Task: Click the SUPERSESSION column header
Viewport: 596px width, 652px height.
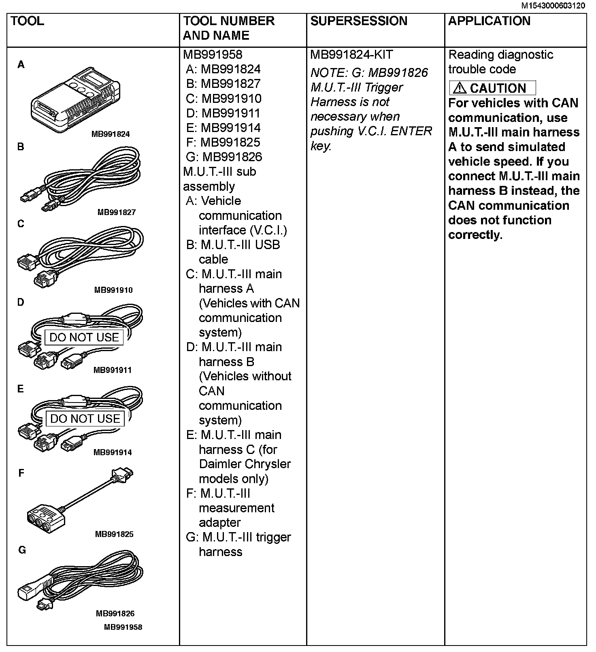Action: click(359, 21)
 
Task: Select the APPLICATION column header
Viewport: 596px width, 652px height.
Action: click(489, 21)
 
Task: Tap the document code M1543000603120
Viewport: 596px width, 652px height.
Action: click(553, 6)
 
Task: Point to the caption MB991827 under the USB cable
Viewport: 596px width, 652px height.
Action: click(116, 212)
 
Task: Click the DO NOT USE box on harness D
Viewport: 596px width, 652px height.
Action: click(84, 337)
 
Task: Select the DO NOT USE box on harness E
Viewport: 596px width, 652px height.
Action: click(85, 419)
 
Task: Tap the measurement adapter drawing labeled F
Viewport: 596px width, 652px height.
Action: click(77, 502)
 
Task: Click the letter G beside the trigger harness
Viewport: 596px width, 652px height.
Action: click(22, 550)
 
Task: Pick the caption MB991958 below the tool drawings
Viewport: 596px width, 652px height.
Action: click(123, 627)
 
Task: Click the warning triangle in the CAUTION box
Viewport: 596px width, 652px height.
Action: click(460, 88)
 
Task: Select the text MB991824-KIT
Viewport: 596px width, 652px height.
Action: click(351, 55)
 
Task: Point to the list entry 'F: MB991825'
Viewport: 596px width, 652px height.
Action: click(223, 142)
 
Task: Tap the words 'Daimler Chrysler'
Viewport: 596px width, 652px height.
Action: click(245, 464)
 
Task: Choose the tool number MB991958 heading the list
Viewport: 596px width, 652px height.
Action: click(213, 55)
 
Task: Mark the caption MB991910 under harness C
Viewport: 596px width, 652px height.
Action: click(113, 290)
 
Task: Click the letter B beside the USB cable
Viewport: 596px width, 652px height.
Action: click(21, 147)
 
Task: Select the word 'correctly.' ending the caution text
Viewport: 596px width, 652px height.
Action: click(475, 235)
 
